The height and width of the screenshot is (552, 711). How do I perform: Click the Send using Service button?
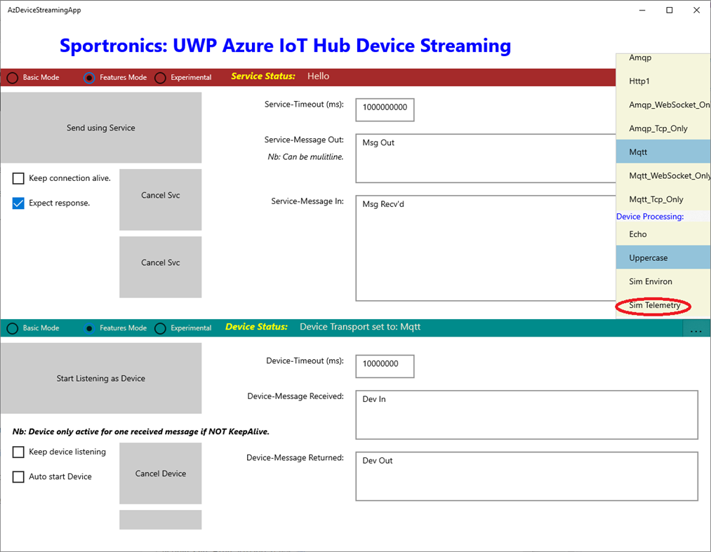(100, 128)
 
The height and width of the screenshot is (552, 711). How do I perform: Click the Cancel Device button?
(160, 473)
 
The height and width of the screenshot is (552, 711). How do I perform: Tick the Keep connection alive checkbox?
(19, 179)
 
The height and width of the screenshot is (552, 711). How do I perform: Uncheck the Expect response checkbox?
(19, 203)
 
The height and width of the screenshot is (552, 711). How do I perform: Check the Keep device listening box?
(19, 452)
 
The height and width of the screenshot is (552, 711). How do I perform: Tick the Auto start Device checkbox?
(19, 477)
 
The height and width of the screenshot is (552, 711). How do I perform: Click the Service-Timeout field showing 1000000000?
(385, 109)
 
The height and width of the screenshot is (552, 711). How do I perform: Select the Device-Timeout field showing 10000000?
(385, 365)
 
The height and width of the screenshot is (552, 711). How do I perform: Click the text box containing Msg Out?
(484, 158)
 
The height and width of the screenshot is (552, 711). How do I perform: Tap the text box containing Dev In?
(526, 415)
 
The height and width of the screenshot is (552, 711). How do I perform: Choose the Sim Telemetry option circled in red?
(654, 306)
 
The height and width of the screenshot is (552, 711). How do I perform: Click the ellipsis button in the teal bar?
(696, 330)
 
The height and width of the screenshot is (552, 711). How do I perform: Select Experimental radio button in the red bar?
(161, 78)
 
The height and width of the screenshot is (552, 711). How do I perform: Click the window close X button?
(696, 11)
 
